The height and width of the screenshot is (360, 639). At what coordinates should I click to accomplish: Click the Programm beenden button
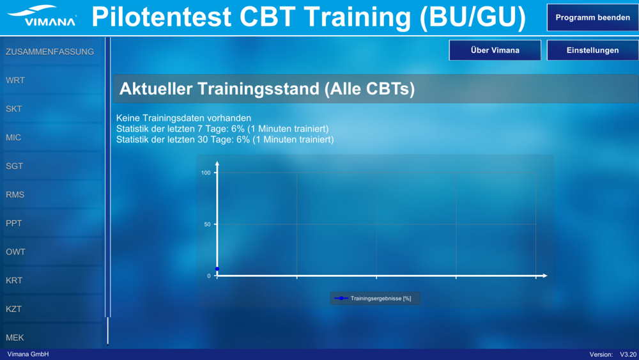coord(592,17)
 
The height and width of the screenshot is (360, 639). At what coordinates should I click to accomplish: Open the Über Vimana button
coord(495,50)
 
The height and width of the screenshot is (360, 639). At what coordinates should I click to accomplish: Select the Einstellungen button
coord(592,50)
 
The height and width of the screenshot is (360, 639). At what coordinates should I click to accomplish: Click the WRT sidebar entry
coord(52,81)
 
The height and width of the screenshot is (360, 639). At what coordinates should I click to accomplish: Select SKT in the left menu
coord(52,109)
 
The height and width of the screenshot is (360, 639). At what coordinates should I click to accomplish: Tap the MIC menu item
coord(52,137)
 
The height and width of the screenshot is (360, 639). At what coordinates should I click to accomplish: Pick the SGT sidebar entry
coord(52,166)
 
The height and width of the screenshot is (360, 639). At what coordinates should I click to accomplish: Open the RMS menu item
coord(52,194)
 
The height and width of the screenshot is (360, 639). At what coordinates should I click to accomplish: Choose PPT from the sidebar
coord(52,223)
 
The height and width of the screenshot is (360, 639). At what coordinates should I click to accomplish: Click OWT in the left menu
coord(52,251)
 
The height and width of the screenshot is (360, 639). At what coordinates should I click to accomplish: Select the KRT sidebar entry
coord(52,280)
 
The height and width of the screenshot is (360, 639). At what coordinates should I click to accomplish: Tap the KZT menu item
coord(52,309)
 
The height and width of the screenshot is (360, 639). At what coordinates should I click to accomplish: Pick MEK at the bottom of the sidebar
coord(52,337)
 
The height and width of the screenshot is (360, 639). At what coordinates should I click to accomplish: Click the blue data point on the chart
coord(217,269)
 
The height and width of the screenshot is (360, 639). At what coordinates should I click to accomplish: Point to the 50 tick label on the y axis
coord(208,224)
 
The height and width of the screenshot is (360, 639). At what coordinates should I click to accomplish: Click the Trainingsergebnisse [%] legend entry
coord(375,299)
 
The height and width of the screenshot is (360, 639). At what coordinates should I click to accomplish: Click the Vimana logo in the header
coord(42,16)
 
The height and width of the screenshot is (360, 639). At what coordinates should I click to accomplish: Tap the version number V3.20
coord(628,354)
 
